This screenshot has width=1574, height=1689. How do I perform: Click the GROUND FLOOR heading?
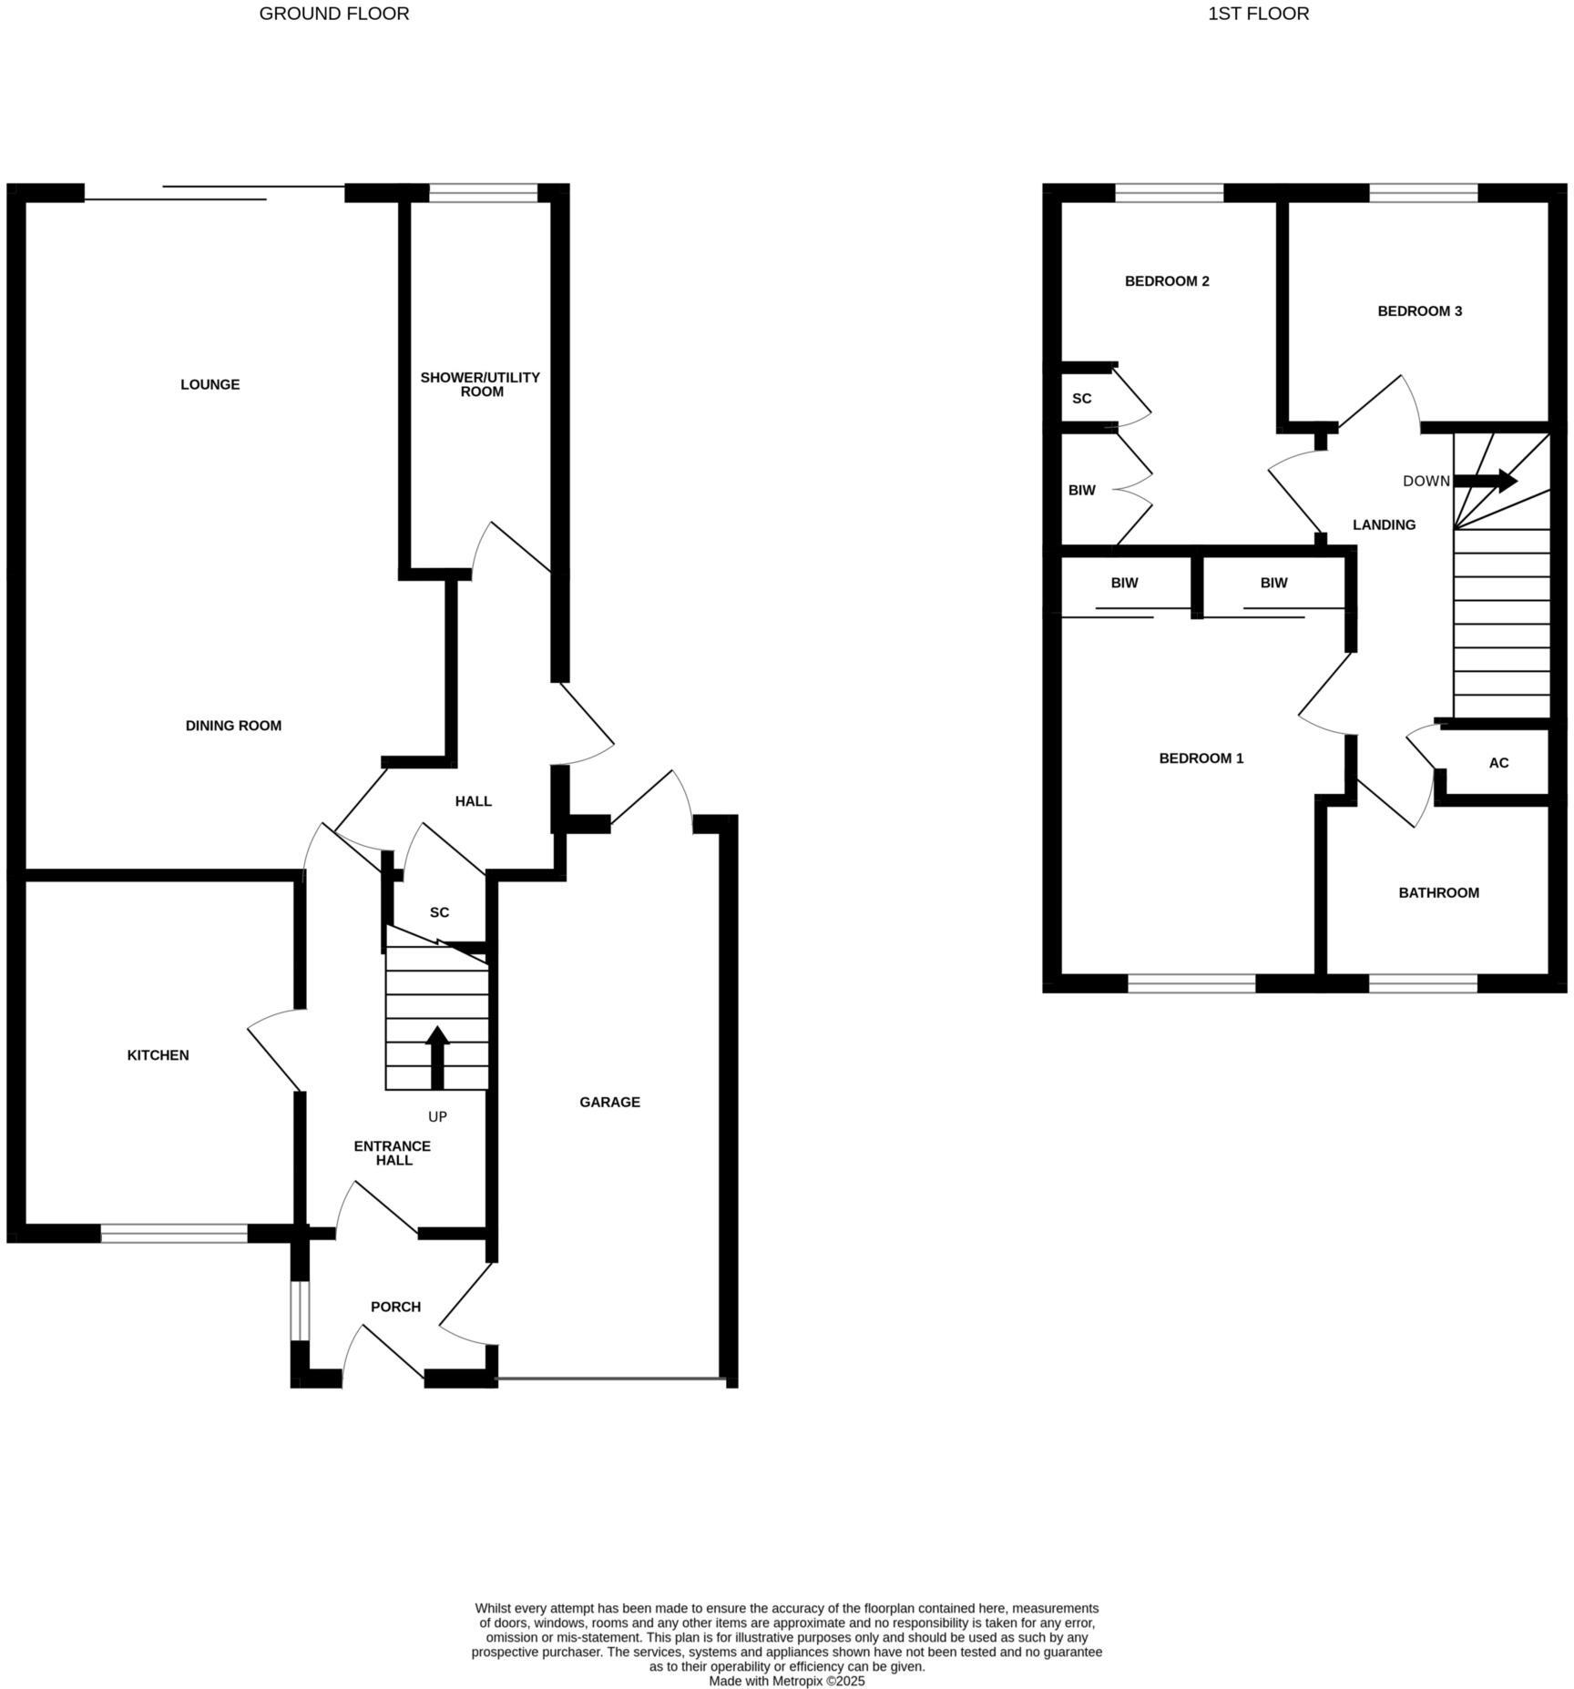pos(333,14)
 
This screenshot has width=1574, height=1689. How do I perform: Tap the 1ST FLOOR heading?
pos(1258,14)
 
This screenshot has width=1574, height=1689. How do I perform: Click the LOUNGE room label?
pos(210,384)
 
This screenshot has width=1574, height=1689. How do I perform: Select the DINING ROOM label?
pos(233,726)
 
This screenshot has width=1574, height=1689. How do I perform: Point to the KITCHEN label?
pos(158,1055)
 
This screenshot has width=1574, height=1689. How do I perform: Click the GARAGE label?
pos(609,1102)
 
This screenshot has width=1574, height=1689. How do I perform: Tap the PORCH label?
pos(395,1307)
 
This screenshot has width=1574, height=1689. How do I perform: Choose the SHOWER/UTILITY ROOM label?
pos(480,384)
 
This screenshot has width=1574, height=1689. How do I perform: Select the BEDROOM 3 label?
pos(1419,311)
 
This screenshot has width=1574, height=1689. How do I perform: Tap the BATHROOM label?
pos(1438,892)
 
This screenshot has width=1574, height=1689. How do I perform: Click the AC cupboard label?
pos(1498,763)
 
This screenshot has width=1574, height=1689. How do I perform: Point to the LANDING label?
pos(1384,524)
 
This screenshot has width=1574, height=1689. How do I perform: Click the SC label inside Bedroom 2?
pos(1081,399)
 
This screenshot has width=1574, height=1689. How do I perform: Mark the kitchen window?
pos(173,1233)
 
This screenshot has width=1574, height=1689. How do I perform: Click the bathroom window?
pos(1422,982)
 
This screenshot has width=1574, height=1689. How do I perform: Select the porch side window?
pos(300,1311)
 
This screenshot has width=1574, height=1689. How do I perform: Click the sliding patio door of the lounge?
pos(214,192)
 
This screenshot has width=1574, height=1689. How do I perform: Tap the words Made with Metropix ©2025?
pos(786,1681)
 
